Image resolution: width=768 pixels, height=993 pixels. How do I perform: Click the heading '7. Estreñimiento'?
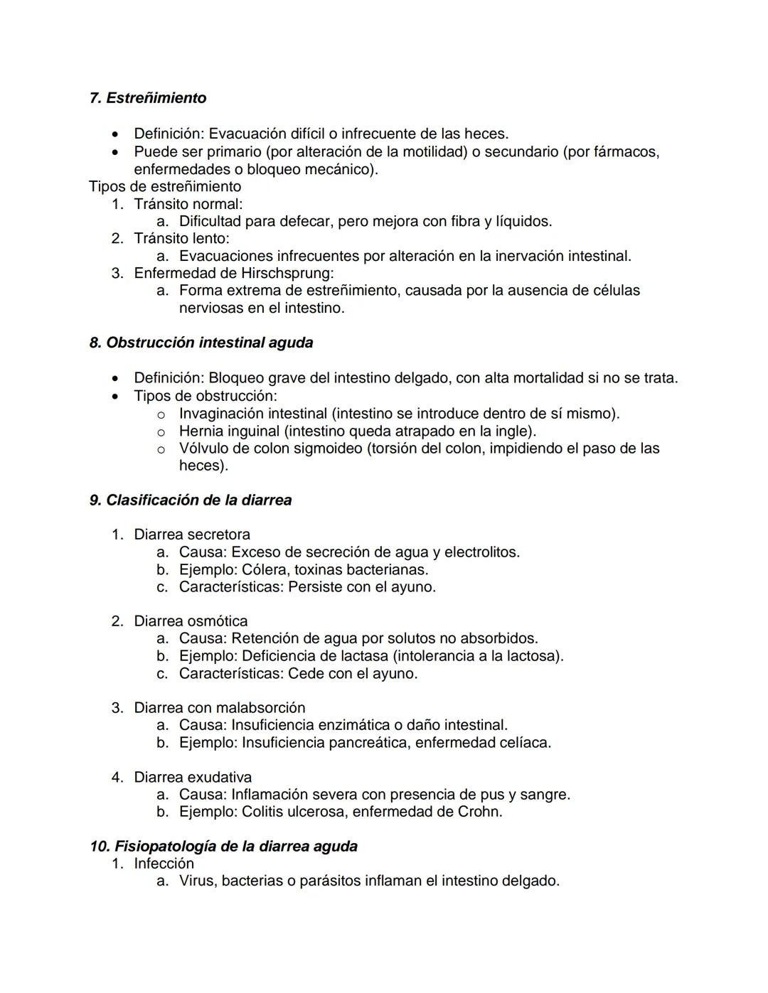148,98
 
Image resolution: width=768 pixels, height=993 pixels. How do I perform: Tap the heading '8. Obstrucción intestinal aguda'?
201,343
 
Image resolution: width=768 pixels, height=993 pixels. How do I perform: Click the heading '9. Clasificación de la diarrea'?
191,500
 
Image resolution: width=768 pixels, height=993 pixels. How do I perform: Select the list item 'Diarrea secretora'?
192,535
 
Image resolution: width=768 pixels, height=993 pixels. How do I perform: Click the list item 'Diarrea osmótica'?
191,621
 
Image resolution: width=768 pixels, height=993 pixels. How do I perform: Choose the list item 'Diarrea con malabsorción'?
219,708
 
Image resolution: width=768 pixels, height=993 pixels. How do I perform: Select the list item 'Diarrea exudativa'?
193,778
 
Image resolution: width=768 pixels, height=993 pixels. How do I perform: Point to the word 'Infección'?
164,864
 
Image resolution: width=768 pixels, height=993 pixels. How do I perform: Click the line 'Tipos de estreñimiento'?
165,187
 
